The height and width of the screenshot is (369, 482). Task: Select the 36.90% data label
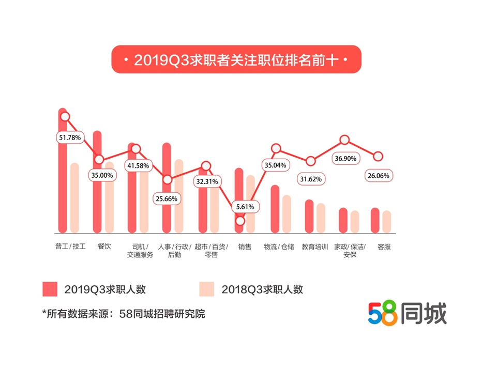click(346, 159)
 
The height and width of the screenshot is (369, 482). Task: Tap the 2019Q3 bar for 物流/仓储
click(275, 209)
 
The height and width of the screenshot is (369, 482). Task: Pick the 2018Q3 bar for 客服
click(386, 222)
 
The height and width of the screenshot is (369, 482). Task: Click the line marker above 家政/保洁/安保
click(344, 140)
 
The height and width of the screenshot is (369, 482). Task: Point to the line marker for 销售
click(239, 221)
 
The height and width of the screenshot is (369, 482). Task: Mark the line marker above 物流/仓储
click(276, 149)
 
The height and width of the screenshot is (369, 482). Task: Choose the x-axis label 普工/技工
click(70, 247)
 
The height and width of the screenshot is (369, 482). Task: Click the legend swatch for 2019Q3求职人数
click(50, 289)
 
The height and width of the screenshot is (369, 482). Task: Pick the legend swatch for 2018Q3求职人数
click(206, 289)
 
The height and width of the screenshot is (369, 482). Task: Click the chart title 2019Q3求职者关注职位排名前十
click(236, 60)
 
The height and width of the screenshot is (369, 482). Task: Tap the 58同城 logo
click(407, 313)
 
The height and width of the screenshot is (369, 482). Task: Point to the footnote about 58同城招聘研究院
click(124, 314)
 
